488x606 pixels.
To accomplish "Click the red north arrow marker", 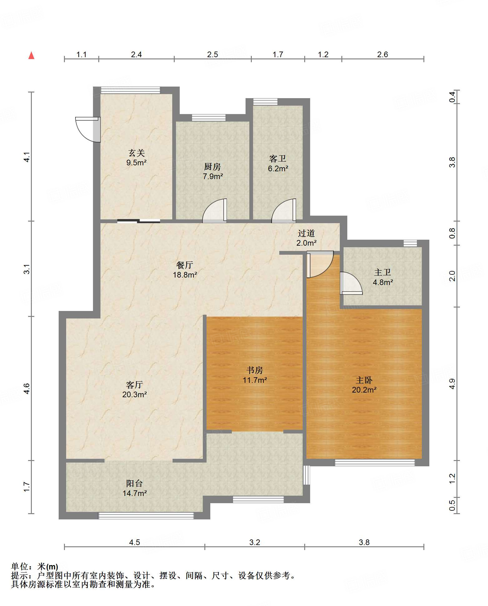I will pos(31,55).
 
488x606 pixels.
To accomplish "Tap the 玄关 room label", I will pos(136,153).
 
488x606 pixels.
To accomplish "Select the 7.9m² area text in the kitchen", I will pos(212,176).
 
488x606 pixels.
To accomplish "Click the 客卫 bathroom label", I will pos(277,158).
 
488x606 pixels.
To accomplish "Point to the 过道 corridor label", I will pos(306,233).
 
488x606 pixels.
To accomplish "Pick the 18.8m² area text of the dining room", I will pos(185,275).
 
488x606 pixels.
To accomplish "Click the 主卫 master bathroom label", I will pos(382,272).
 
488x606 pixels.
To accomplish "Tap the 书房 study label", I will pos(255,370).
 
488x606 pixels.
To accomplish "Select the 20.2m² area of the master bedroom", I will pos(364,390).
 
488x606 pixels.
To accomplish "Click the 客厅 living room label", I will pos(134,384).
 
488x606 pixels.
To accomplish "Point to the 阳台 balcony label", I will pos(134,483).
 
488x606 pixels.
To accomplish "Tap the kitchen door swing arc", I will pos(215,211).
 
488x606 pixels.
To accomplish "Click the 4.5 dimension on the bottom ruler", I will pos(134,542).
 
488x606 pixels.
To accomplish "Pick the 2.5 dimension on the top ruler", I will pos(212,54).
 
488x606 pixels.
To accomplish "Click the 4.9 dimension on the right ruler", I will pos(452,384).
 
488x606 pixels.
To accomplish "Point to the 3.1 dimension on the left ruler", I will pos(27,269).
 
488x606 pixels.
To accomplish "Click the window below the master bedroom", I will pos(374,463).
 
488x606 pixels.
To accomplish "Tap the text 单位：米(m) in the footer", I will pos(35,566).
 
